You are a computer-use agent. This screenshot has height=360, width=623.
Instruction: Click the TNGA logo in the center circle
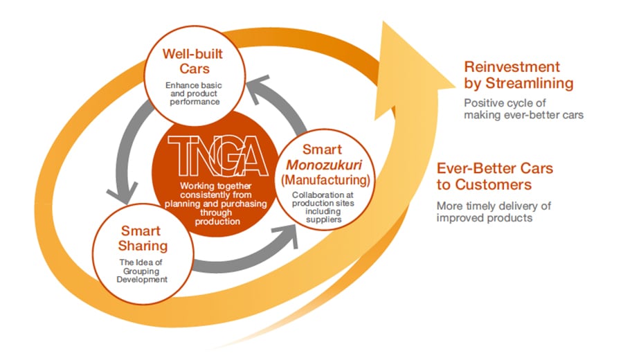point(218,156)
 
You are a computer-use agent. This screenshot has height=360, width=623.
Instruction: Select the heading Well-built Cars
point(193,61)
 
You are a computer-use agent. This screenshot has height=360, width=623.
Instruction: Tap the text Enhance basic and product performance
point(194,93)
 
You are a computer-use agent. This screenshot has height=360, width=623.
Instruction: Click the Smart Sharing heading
point(143,238)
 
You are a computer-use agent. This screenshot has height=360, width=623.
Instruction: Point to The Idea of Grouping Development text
point(142,271)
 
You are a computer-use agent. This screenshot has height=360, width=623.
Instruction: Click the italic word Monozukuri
point(324,165)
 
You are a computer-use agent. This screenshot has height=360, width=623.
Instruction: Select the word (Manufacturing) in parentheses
point(325,180)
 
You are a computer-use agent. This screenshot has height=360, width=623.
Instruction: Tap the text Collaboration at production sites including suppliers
point(323,207)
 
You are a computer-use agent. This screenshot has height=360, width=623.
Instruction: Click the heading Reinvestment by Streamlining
point(518,75)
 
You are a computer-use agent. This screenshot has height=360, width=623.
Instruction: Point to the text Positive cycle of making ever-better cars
point(524,109)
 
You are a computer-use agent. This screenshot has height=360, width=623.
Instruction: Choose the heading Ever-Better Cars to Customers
point(495,177)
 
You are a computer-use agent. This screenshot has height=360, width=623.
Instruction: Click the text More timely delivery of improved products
point(494,212)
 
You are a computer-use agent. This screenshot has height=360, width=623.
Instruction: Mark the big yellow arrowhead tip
point(455,87)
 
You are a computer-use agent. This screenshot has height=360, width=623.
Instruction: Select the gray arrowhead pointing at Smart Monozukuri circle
point(287,235)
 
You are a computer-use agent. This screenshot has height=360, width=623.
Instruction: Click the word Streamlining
point(530,83)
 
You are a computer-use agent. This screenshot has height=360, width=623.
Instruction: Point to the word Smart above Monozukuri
point(322,150)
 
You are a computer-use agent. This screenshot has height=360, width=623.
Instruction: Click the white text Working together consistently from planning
point(216,195)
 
